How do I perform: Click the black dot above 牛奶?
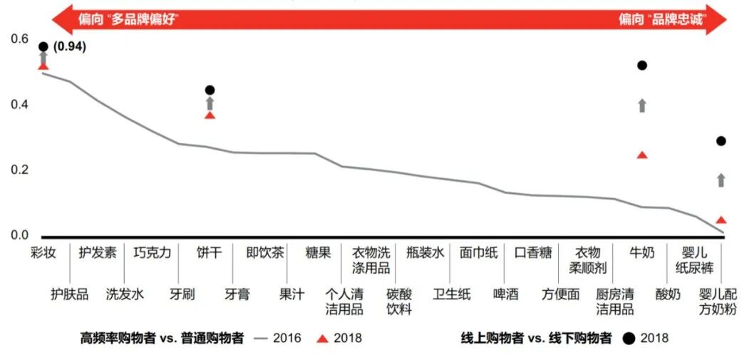click(642, 66)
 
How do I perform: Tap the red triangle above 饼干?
click(210, 115)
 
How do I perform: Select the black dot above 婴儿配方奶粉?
click(721, 141)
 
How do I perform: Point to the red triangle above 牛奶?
click(642, 155)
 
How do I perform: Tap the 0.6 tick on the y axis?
click(20, 38)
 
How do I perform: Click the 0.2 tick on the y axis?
click(20, 170)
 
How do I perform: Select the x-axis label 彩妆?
click(43, 253)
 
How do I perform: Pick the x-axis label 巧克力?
click(152, 253)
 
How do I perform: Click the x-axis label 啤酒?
click(506, 294)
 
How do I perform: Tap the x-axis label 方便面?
click(560, 294)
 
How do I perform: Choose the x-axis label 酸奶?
click(668, 294)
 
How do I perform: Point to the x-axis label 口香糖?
click(533, 253)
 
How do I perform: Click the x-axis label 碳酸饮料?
click(398, 302)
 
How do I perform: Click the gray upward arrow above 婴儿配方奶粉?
click(721, 180)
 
